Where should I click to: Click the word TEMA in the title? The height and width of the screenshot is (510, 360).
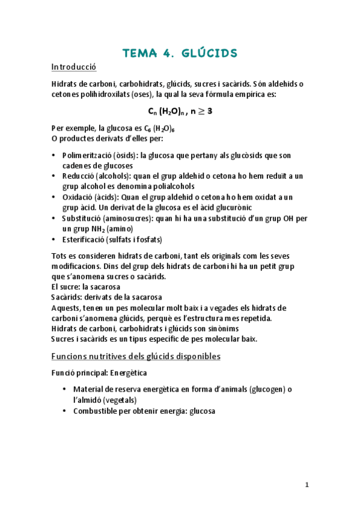139,54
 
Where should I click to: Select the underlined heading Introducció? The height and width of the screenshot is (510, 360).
74,67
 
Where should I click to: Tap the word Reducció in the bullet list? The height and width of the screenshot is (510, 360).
75,176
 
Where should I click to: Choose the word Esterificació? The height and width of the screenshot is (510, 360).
82,240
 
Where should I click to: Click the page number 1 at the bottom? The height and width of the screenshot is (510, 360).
307,485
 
